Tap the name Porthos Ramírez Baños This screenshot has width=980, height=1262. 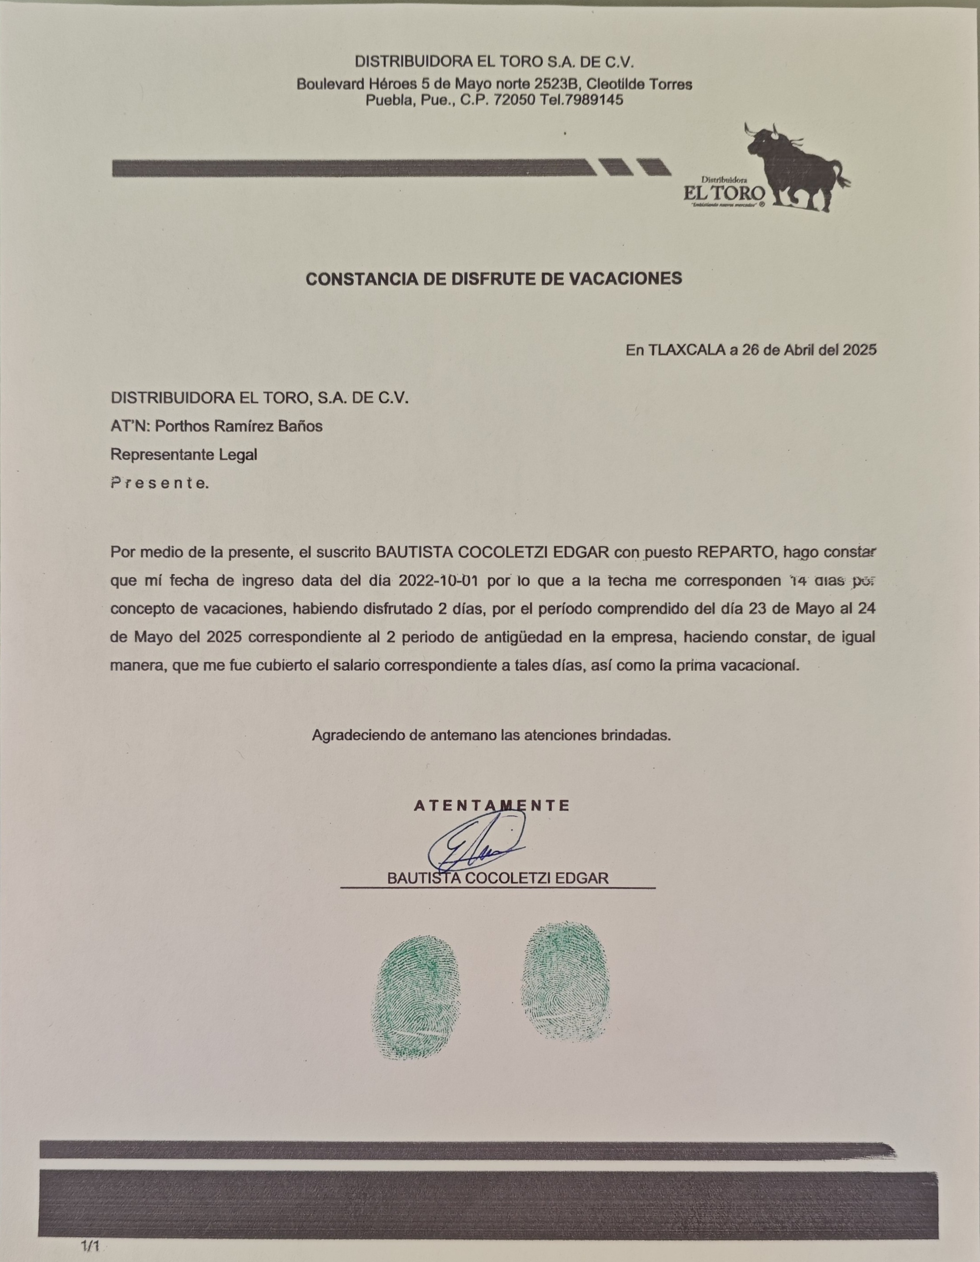239,426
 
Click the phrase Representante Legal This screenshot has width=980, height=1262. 184,455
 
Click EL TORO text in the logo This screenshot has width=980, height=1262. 725,192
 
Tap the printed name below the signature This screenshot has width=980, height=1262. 498,879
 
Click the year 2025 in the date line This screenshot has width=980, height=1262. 859,350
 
